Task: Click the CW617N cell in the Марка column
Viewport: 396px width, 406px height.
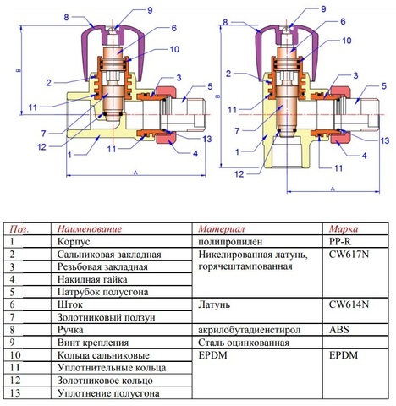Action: pyautogui.click(x=349, y=255)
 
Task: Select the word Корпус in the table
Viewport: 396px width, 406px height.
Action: pyautogui.click(x=74, y=242)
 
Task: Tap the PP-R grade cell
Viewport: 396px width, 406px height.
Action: pyautogui.click(x=340, y=242)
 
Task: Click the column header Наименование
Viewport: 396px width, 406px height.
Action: pyautogui.click(x=90, y=228)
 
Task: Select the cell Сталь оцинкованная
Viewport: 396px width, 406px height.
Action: pyautogui.click(x=244, y=343)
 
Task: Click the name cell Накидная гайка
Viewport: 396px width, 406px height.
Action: pyautogui.click(x=92, y=279)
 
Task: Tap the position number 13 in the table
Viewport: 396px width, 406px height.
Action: pyautogui.click(x=15, y=392)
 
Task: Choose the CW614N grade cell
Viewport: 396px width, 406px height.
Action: pyautogui.click(x=349, y=304)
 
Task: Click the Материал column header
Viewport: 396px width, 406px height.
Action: pyautogui.click(x=221, y=228)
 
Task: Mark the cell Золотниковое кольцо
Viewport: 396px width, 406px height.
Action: pyautogui.click(x=105, y=381)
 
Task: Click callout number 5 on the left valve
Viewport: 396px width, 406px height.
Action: pyautogui.click(x=210, y=86)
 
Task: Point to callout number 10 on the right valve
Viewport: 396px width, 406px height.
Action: pyautogui.click(x=347, y=41)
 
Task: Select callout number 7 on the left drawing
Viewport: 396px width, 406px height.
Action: pyautogui.click(x=43, y=134)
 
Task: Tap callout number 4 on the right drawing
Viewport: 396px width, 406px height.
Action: pyautogui.click(x=365, y=156)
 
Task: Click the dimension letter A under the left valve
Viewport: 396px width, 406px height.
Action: pyautogui.click(x=135, y=173)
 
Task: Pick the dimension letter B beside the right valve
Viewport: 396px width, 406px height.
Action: pyautogui.click(x=217, y=96)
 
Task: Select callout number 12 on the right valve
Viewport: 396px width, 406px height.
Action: pyautogui.click(x=239, y=174)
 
